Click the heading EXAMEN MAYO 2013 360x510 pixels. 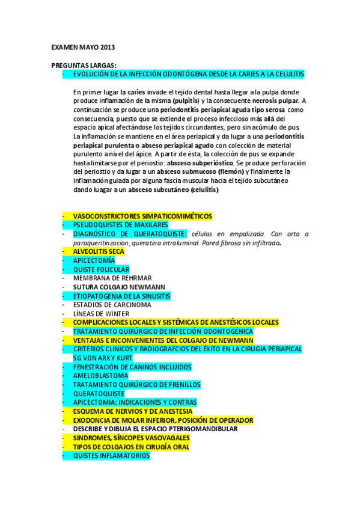(83, 47)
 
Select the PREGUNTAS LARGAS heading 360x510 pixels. (84, 65)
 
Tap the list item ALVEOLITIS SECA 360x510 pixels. (99, 252)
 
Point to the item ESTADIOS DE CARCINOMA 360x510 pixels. (112, 305)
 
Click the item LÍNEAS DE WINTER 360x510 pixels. (101, 314)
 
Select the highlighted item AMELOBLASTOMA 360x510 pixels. (100, 376)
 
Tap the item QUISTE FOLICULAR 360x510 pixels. (101, 270)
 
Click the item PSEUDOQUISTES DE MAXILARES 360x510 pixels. (120, 225)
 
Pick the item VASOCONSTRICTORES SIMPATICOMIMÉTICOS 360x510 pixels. (142, 216)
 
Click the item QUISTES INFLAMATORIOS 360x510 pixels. (111, 456)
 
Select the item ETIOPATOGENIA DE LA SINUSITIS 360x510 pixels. (121, 296)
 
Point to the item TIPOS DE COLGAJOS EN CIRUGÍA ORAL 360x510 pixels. (131, 447)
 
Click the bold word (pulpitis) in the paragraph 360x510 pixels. (185, 100)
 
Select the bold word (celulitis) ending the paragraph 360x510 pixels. (204, 190)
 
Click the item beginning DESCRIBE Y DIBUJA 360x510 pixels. (155, 429)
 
